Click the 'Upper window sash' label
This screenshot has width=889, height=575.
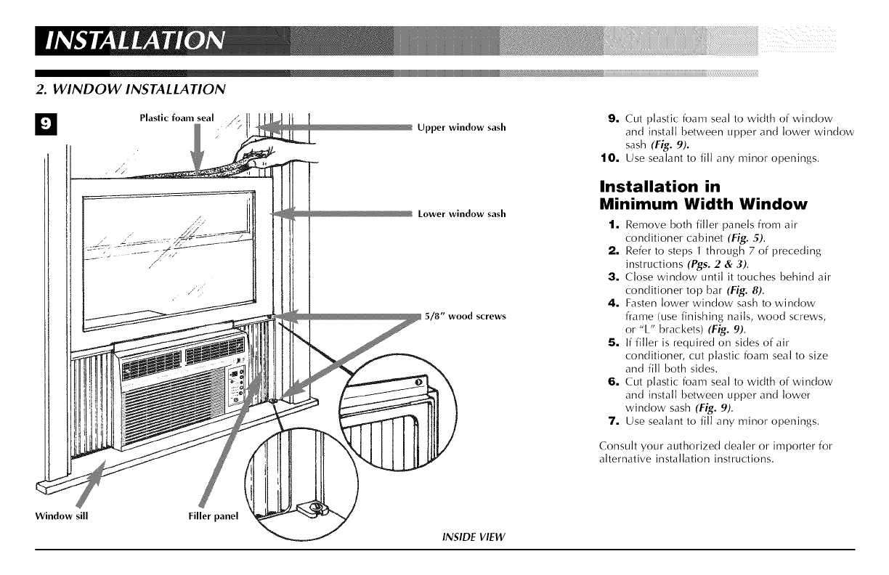(461, 128)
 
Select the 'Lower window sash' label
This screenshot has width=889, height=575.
(462, 214)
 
